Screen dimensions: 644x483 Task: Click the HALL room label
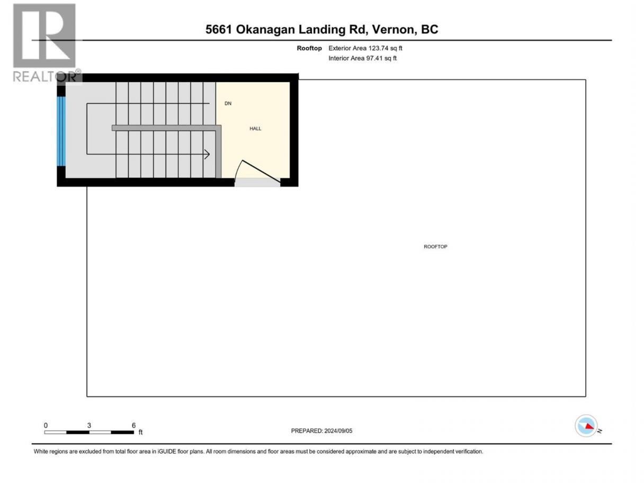pyautogui.click(x=255, y=129)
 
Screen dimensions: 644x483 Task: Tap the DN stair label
pyautogui.click(x=228, y=103)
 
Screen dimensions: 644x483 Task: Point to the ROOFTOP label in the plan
pyautogui.click(x=435, y=247)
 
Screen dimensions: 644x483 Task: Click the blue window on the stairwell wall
pyautogui.click(x=61, y=131)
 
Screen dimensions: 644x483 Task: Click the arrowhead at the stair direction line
pyautogui.click(x=207, y=154)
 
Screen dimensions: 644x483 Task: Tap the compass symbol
pyautogui.click(x=586, y=425)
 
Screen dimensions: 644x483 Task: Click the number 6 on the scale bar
pyautogui.click(x=134, y=425)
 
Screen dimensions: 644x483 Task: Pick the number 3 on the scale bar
pyautogui.click(x=89, y=425)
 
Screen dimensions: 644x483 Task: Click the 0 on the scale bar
pyautogui.click(x=46, y=425)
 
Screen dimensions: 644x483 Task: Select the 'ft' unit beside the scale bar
pyautogui.click(x=140, y=432)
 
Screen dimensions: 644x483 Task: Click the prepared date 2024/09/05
pyautogui.click(x=338, y=431)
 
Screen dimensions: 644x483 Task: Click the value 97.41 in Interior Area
pyautogui.click(x=374, y=58)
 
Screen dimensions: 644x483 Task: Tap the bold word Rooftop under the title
pyautogui.click(x=309, y=48)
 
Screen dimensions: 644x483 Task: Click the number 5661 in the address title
pyautogui.click(x=219, y=29)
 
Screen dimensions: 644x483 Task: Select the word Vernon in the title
pyautogui.click(x=393, y=29)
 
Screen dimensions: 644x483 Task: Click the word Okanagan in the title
pyautogui.click(x=265, y=30)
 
